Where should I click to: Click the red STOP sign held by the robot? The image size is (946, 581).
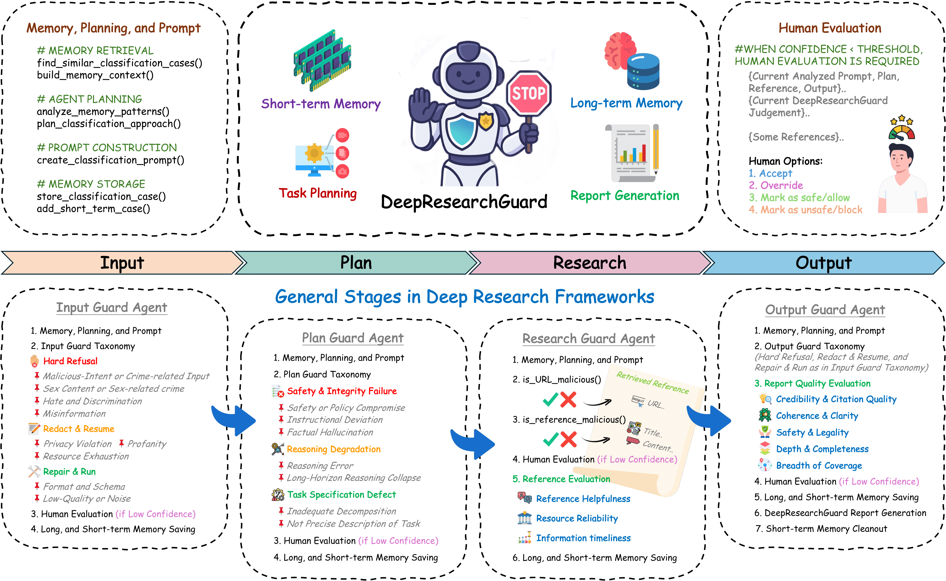[x=529, y=93]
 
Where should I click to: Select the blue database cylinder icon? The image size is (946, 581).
[x=643, y=72]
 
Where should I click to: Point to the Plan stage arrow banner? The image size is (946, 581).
[x=356, y=263]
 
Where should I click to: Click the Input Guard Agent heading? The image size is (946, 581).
[x=112, y=308]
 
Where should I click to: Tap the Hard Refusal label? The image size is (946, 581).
[x=70, y=361]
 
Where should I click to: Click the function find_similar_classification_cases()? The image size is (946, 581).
[x=119, y=63]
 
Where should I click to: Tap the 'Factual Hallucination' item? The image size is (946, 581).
[x=330, y=433]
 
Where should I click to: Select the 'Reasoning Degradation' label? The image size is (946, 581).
[x=333, y=449]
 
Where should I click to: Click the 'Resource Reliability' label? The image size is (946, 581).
[x=577, y=518]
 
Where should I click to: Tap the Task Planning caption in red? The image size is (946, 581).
[x=318, y=193]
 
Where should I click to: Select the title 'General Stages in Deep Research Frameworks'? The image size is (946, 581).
[x=464, y=297]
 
